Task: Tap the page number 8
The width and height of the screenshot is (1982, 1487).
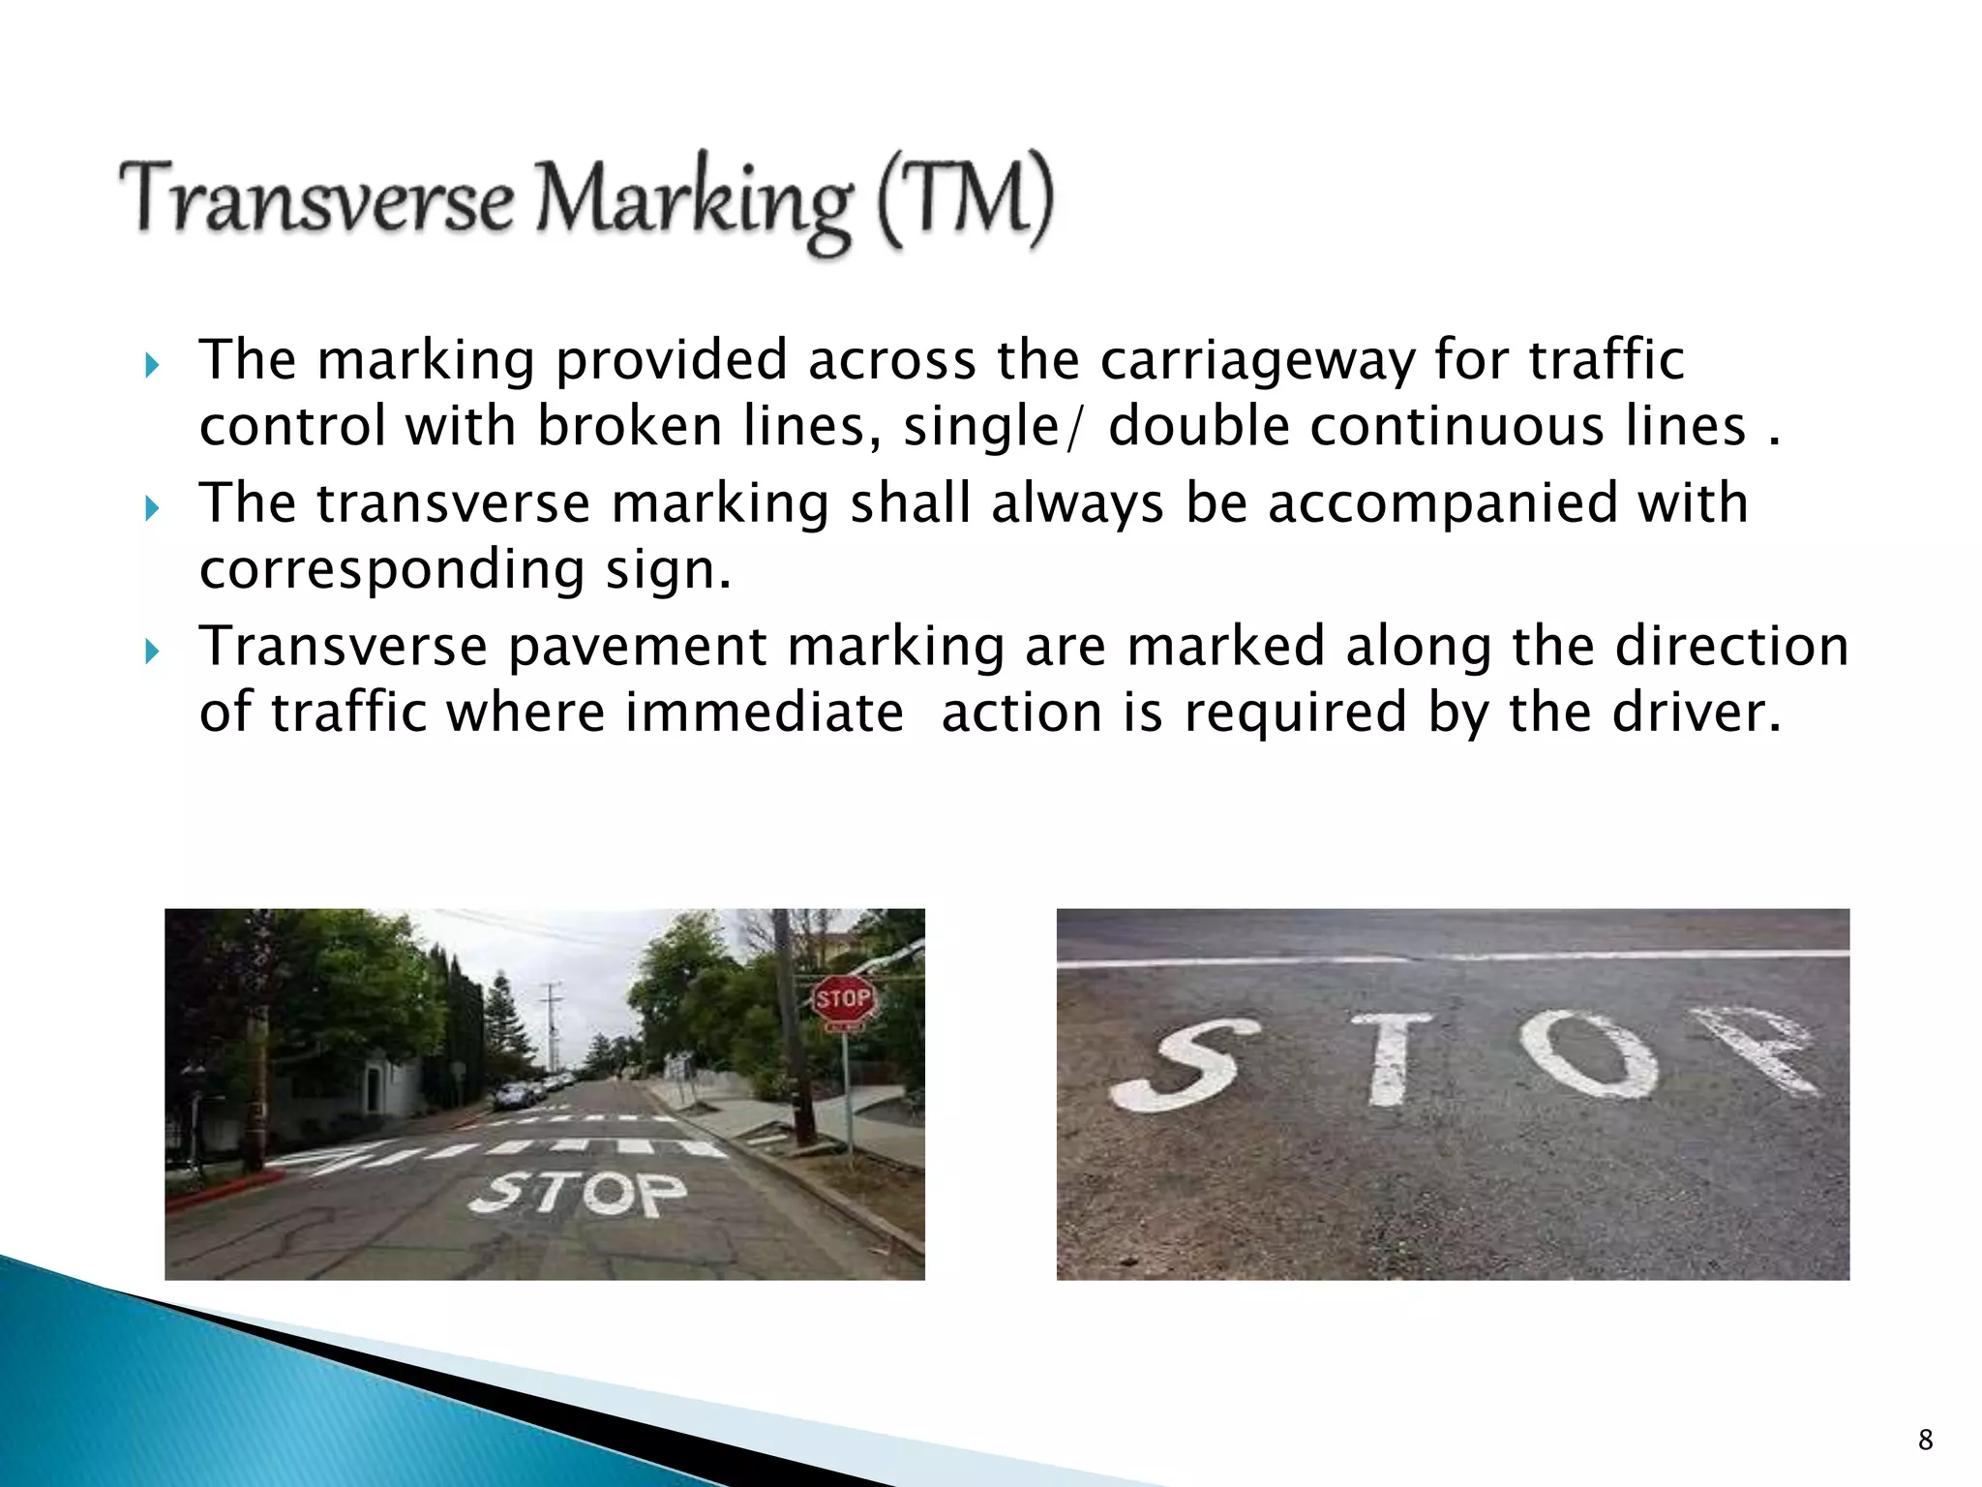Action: point(1925,1440)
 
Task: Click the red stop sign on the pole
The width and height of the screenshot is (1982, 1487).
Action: point(842,999)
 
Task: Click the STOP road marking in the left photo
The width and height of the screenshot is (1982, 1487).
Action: point(579,1194)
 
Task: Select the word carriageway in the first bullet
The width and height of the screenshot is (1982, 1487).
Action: point(1257,360)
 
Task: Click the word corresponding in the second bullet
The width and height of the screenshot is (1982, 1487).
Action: point(392,569)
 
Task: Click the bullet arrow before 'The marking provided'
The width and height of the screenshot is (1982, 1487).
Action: point(151,366)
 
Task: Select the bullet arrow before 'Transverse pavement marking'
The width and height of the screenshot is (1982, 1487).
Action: point(151,652)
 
